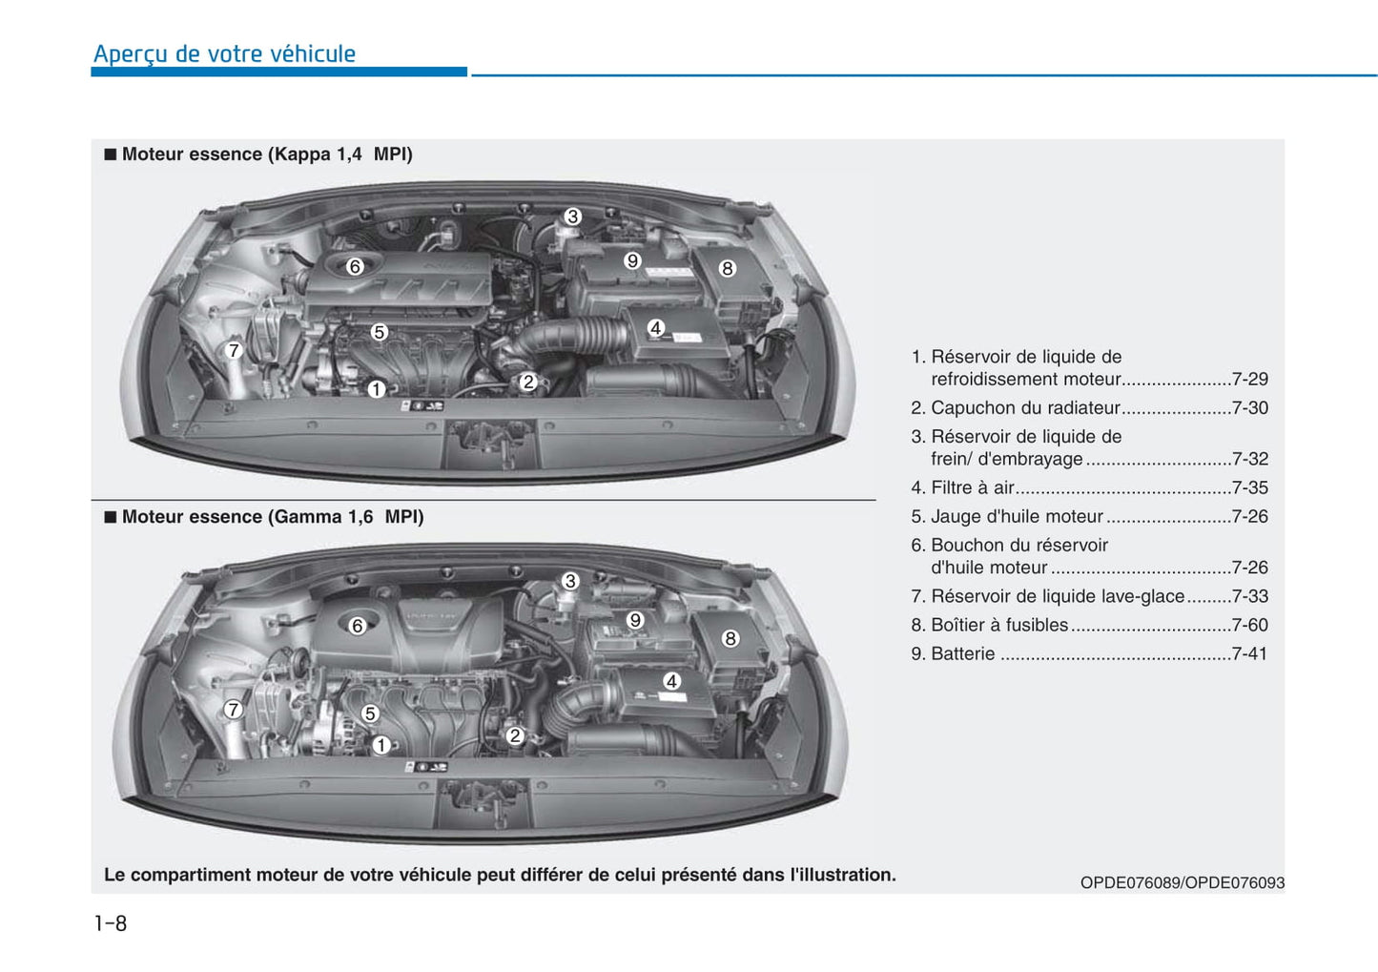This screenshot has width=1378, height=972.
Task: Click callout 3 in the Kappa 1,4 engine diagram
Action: point(573,217)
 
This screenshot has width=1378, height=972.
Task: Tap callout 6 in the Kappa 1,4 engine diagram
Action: point(355,266)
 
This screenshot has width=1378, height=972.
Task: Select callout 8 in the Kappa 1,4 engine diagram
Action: point(727,268)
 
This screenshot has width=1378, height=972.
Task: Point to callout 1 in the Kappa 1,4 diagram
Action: point(377,389)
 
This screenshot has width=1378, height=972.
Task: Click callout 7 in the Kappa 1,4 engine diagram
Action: point(233,351)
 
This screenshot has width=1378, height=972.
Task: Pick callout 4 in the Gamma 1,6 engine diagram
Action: point(671,681)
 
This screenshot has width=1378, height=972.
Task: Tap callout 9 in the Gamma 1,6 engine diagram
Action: point(635,620)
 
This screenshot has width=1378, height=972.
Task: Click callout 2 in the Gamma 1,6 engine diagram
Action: point(515,735)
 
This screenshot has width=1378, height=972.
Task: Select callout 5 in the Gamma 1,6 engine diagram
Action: point(370,713)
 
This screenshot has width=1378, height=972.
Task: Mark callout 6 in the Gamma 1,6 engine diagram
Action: point(358,627)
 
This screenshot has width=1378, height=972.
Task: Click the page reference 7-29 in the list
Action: point(1250,379)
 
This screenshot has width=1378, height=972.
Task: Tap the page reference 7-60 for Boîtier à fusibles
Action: point(1250,625)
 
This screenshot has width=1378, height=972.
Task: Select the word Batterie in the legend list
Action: point(963,653)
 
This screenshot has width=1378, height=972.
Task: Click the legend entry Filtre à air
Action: point(973,487)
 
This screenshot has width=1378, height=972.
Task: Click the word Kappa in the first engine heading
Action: point(299,155)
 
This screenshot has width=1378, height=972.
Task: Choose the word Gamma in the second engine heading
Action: point(305,517)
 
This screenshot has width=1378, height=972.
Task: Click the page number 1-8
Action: point(111,923)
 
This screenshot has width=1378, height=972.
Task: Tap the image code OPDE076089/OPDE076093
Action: point(1183,882)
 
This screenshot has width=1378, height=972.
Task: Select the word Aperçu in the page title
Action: point(131,54)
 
